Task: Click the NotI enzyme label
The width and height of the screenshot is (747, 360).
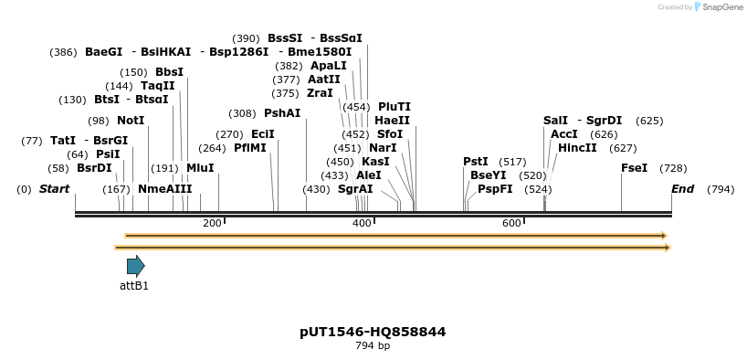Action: (131, 121)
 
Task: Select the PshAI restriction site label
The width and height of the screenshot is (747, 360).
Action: (281, 113)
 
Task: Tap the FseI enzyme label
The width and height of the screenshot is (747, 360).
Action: (634, 168)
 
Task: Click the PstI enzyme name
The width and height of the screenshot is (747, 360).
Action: (475, 162)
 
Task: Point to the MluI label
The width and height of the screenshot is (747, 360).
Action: (200, 168)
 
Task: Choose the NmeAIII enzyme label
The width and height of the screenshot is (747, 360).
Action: (165, 189)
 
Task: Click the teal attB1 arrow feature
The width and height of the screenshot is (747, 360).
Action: (135, 266)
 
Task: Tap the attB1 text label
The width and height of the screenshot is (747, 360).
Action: (134, 286)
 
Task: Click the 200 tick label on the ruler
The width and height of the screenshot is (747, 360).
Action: (212, 223)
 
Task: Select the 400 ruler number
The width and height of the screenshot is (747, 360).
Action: (362, 223)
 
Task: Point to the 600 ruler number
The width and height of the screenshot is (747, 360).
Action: (511, 223)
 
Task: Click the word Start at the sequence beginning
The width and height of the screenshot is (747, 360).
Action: (54, 189)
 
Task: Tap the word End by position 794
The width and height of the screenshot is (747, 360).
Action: (682, 189)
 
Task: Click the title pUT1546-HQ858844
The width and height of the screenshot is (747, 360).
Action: (373, 331)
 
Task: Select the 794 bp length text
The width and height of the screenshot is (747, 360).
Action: (373, 345)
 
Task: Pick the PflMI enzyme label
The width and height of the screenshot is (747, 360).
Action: (249, 147)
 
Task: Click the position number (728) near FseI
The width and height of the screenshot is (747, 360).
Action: (673, 168)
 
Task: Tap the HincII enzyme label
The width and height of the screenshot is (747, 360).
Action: (577, 148)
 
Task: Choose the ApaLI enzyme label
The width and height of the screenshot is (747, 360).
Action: (329, 66)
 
